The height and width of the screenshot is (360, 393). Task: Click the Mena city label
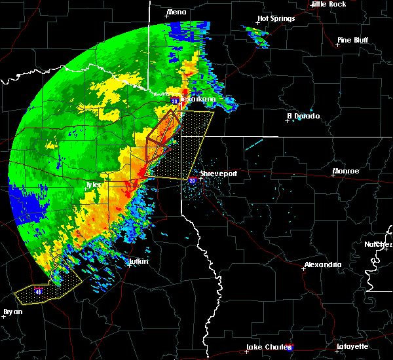click(x=177, y=12)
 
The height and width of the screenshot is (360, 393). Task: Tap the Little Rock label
click(x=328, y=4)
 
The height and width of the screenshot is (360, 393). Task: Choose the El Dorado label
click(x=303, y=116)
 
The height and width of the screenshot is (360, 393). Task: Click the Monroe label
click(x=345, y=171)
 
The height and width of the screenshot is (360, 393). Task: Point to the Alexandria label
click(x=322, y=264)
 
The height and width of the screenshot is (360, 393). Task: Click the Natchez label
click(x=379, y=244)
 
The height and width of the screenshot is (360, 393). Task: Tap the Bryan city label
click(x=12, y=312)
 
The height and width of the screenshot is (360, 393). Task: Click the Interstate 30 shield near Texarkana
click(x=176, y=101)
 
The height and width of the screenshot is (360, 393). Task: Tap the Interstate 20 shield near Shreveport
click(x=193, y=180)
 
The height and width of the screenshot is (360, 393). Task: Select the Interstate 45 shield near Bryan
click(x=39, y=291)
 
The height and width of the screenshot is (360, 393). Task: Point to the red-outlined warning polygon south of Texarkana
click(x=161, y=134)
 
